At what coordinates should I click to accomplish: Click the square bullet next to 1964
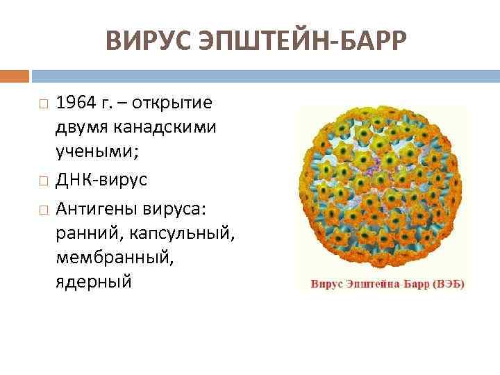[x=43, y=104]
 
